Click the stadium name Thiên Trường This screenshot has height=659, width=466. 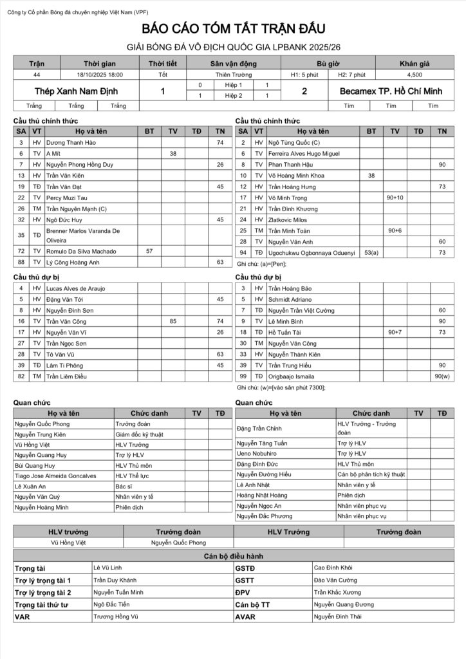[x=233, y=75]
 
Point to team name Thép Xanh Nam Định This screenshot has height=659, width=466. [x=71, y=91]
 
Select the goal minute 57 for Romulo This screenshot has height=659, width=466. [x=149, y=251]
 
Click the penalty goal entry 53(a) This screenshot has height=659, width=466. [x=371, y=253]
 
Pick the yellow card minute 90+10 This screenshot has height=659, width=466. [x=395, y=198]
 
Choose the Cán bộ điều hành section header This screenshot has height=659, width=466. [x=233, y=556]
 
